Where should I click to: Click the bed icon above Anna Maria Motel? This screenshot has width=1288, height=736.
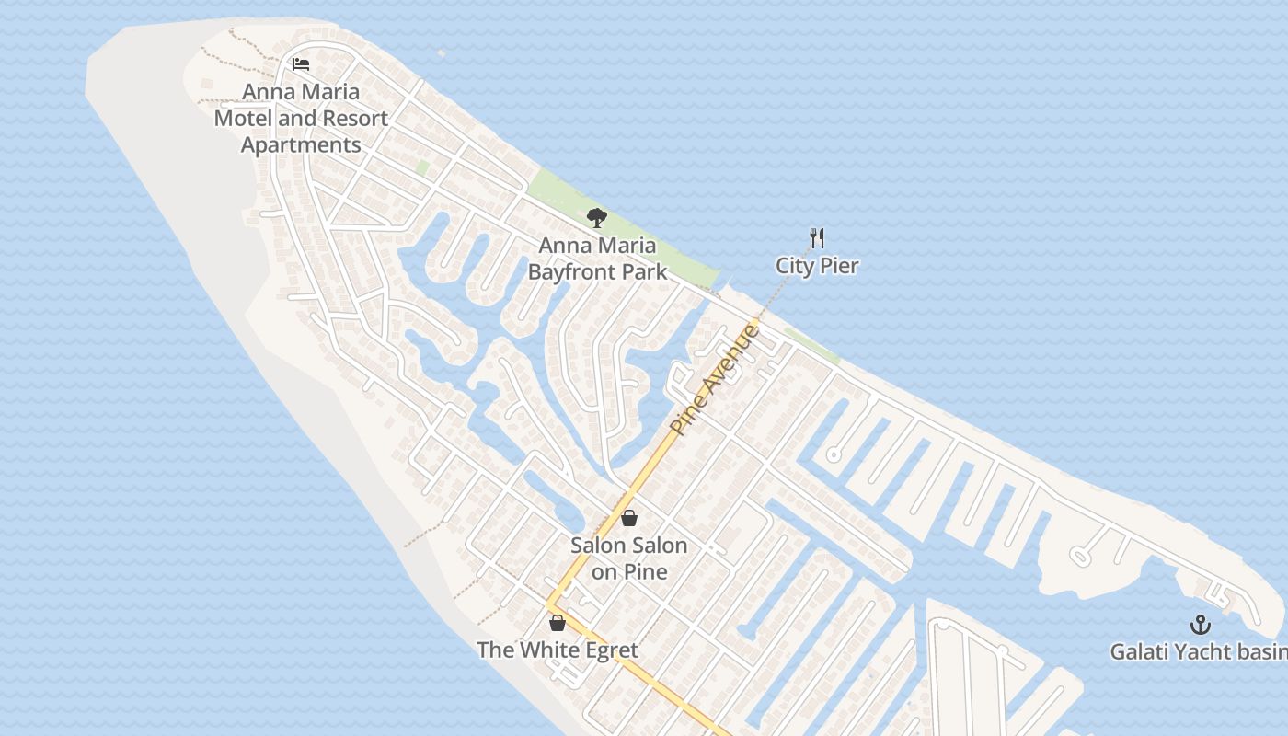pos(301,64)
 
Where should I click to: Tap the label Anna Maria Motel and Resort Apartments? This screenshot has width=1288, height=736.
pos(301,119)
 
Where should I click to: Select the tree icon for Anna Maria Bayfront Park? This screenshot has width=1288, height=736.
pos(597,218)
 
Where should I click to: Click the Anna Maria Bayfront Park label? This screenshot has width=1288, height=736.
pos(597,259)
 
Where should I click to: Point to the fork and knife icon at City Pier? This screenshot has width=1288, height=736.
pos(817,238)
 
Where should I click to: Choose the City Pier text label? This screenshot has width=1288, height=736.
pos(817,266)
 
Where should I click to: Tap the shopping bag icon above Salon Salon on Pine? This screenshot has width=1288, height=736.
pos(629,518)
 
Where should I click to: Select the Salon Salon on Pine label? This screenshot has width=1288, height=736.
pos(629,558)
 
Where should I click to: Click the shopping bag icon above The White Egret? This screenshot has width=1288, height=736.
pos(557,623)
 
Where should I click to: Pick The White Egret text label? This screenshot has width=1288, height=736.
pos(558,650)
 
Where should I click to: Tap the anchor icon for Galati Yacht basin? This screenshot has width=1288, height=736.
pos(1201,625)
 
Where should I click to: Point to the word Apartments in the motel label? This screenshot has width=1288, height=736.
pos(301,145)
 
